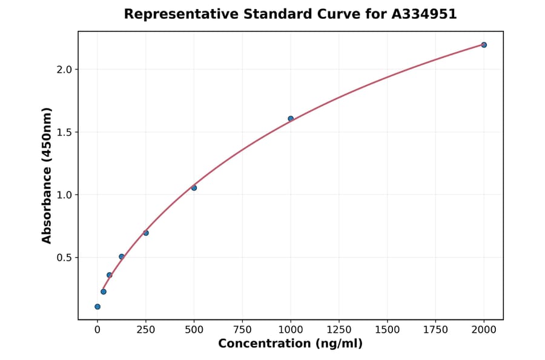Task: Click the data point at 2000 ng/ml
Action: click(x=484, y=45)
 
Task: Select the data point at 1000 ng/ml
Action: click(x=291, y=119)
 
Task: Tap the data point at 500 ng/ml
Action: click(x=194, y=188)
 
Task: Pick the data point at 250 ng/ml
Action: click(x=146, y=233)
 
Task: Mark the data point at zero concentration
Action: click(x=97, y=307)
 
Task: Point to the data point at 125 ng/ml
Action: click(x=122, y=257)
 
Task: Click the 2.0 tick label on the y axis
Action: click(x=63, y=70)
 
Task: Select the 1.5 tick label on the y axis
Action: click(x=63, y=132)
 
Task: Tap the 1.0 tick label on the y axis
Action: click(x=63, y=195)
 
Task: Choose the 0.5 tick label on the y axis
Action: click(x=63, y=258)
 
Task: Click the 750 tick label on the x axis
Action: click(x=242, y=330)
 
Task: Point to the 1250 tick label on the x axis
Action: click(x=339, y=330)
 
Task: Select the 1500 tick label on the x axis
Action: click(x=388, y=330)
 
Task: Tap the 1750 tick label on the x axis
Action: click(x=435, y=330)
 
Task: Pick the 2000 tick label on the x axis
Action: click(x=484, y=330)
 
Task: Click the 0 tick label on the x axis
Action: click(x=97, y=330)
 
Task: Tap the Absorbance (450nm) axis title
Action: click(x=47, y=175)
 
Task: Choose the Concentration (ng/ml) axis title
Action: click(x=291, y=344)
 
